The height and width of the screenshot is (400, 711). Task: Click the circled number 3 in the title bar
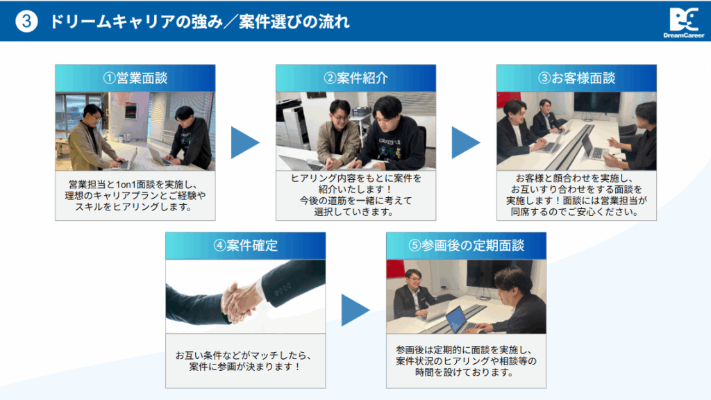pyautogui.click(x=26, y=22)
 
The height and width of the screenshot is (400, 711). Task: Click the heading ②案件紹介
pyautogui.click(x=355, y=78)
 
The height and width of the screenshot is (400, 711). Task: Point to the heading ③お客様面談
pyautogui.click(x=576, y=78)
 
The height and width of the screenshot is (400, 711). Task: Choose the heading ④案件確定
pyautogui.click(x=245, y=245)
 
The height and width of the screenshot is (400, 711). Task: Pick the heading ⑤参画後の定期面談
pyautogui.click(x=466, y=245)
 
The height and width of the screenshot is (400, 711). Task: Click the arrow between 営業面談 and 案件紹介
pyautogui.click(x=245, y=142)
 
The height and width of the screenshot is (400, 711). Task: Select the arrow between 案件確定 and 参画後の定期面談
pyautogui.click(x=355, y=310)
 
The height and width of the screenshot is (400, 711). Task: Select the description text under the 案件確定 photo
pyautogui.click(x=245, y=360)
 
